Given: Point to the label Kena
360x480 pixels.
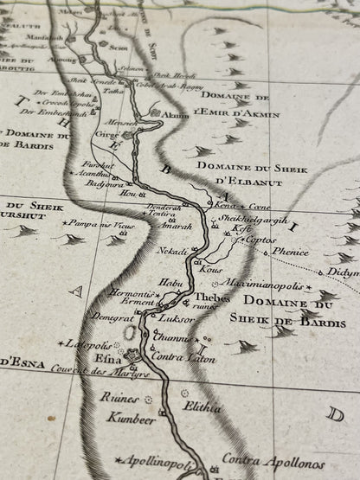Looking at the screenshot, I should pyautogui.click(x=223, y=206).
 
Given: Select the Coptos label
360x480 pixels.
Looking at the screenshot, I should pyautogui.click(x=260, y=238).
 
